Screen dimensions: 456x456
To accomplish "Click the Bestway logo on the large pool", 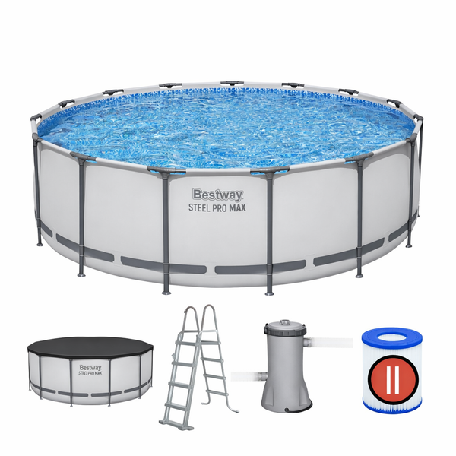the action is click(217, 195).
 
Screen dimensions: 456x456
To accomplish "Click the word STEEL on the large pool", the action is click(199, 207).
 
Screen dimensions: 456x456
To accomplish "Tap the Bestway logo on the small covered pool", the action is click(90, 368).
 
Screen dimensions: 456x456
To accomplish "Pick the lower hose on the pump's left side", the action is click(249, 375).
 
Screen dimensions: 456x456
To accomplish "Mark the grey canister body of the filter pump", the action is click(285, 360).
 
